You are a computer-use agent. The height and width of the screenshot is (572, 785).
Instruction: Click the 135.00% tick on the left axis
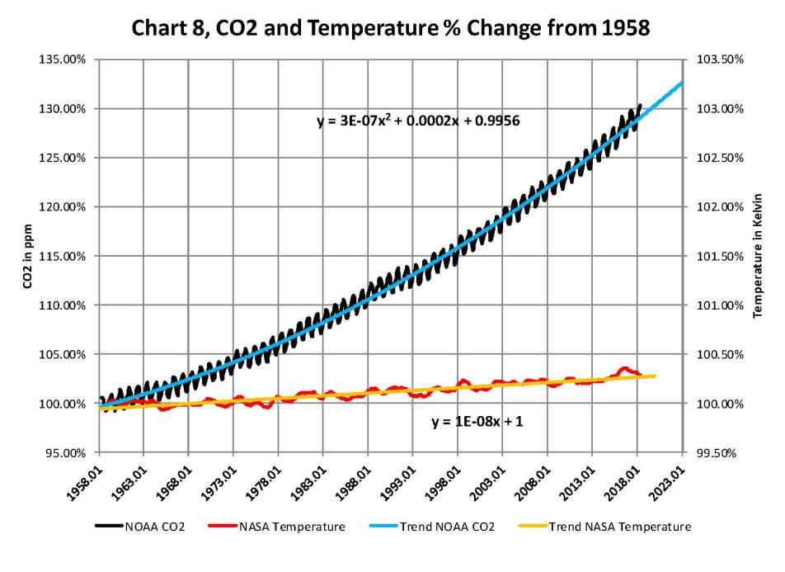[x=69, y=59]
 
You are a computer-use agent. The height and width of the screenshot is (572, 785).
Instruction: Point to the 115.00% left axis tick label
[x=69, y=256]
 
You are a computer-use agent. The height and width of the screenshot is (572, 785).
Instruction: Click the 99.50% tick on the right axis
[x=717, y=452]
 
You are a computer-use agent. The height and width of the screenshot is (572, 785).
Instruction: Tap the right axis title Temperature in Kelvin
[x=759, y=256]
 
